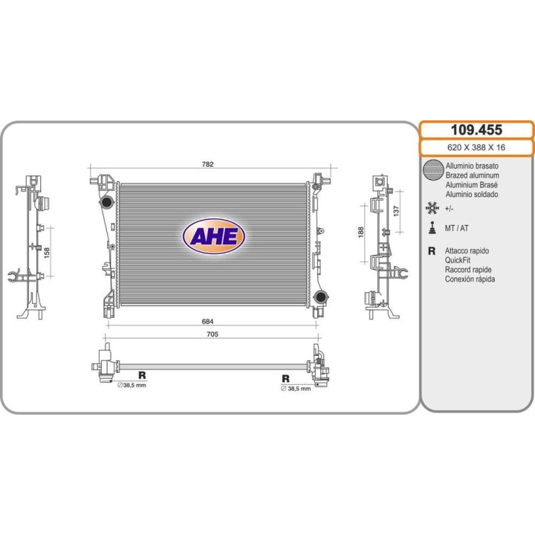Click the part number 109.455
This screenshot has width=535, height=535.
click(x=476, y=130)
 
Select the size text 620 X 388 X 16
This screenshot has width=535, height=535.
click(x=476, y=147)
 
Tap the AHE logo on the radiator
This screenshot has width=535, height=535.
click(x=214, y=236)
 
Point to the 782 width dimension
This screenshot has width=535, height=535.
click(x=208, y=164)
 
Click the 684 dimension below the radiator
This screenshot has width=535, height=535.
click(x=208, y=322)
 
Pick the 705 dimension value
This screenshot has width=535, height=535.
click(x=213, y=334)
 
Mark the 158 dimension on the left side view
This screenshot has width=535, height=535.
click(x=47, y=253)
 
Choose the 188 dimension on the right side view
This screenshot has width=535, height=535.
click(x=361, y=232)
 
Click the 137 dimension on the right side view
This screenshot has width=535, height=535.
click(x=396, y=211)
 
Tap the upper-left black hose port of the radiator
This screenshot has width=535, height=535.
click(x=106, y=202)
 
